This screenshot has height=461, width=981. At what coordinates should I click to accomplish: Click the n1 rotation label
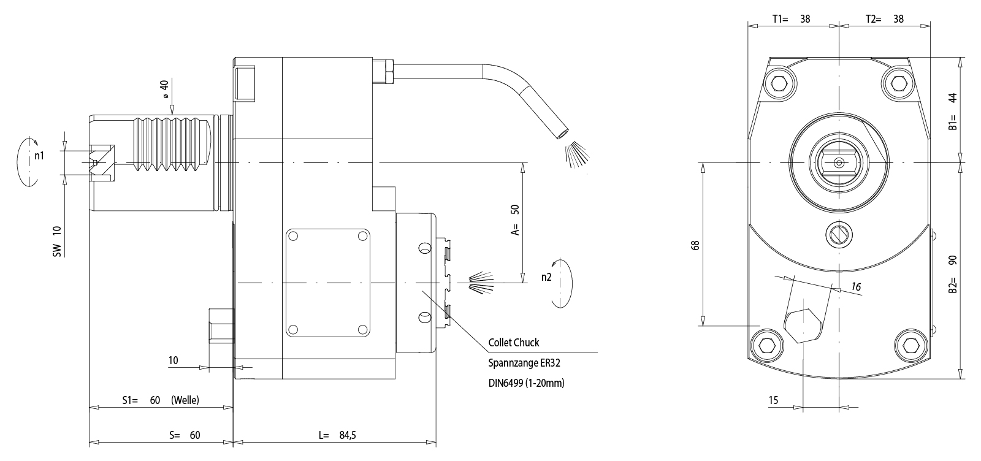(x=39, y=156)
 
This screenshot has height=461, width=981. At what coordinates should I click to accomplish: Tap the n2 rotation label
(x=546, y=277)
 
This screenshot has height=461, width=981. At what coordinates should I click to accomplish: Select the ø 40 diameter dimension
(x=164, y=90)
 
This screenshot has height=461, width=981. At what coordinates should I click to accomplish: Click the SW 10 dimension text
(x=57, y=240)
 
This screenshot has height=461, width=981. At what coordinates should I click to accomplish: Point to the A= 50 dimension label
(x=515, y=219)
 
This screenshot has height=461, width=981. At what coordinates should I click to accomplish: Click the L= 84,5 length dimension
(x=337, y=435)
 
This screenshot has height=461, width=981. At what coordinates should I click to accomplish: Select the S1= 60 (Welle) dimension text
(x=160, y=400)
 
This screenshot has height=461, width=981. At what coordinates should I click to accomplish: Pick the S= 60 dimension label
(x=185, y=435)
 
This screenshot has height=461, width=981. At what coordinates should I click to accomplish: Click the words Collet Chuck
(x=514, y=343)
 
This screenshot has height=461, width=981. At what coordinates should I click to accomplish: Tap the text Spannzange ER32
(x=524, y=363)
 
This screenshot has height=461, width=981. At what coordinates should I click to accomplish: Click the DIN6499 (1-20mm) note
(x=526, y=383)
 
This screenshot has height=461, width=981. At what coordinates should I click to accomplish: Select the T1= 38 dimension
(x=791, y=19)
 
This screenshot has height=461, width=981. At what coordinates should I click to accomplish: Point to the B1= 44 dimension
(x=953, y=112)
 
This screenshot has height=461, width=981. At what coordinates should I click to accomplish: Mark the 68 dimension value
(x=695, y=245)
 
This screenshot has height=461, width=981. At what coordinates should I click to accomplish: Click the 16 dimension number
(x=856, y=287)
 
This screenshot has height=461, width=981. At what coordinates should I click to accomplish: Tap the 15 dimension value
(x=773, y=400)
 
